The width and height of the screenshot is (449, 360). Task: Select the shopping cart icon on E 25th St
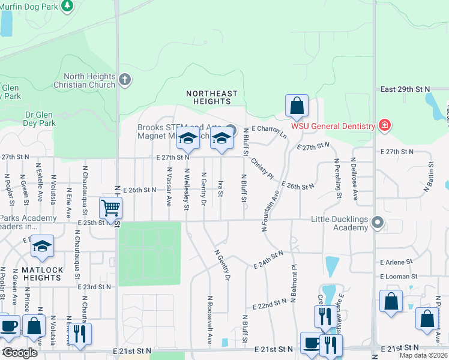pyautogui.click(x=111, y=208)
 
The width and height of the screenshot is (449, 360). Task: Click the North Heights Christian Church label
pyautogui.click(x=89, y=80)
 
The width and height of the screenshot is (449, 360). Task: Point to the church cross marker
pyautogui.click(x=125, y=79)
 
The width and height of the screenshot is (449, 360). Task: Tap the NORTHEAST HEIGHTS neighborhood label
pyautogui.click(x=211, y=98)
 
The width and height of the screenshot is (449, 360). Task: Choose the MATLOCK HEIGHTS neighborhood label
pyautogui.click(x=42, y=274)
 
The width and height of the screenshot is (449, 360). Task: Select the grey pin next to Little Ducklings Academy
pyautogui.click(x=377, y=223)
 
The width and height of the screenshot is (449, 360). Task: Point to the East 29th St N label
pyautogui.click(x=406, y=89)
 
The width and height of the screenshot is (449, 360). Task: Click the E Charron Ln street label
pyautogui.click(x=269, y=128)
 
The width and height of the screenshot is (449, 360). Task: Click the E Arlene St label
pyautogui.click(x=396, y=262)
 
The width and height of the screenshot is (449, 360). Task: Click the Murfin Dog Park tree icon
pyautogui.click(x=67, y=5)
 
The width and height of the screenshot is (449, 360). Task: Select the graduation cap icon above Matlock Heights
pyautogui.click(x=42, y=246)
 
